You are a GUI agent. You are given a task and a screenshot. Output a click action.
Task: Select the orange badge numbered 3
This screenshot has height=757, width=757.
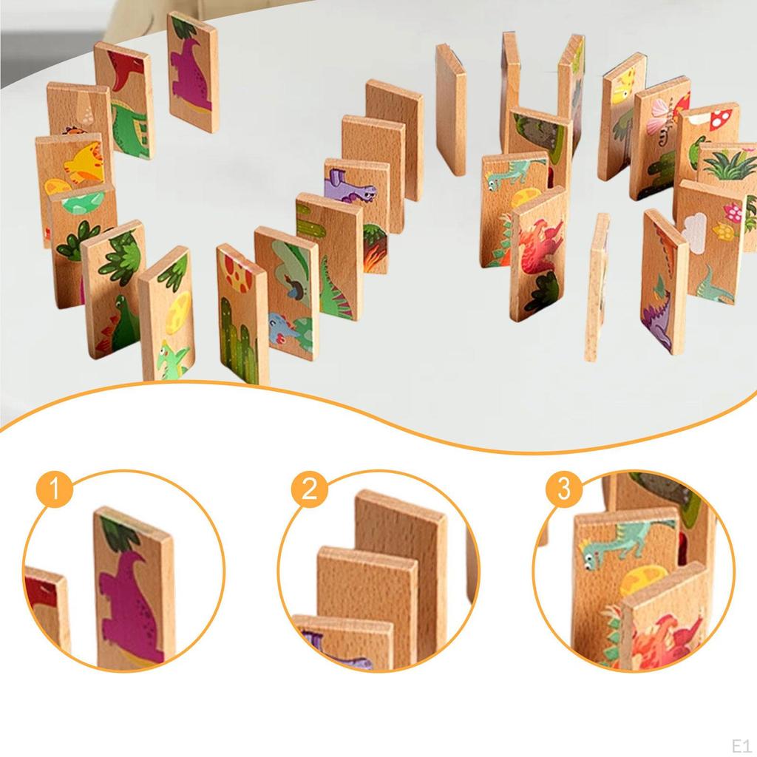point(564,489)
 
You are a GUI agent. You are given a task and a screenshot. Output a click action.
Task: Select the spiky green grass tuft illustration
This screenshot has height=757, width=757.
point(729,166)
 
